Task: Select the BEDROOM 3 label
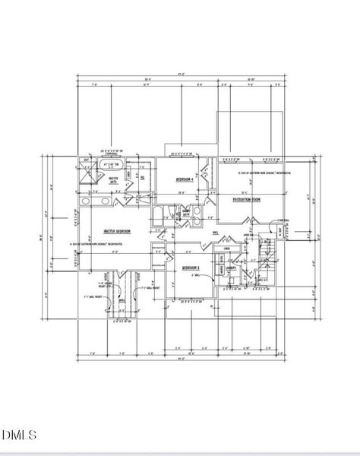coord(190,268)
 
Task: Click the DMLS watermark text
coord(19,435)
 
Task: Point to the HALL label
coord(216,233)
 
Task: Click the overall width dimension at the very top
coord(179,74)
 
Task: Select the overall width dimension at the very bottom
coord(179,360)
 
